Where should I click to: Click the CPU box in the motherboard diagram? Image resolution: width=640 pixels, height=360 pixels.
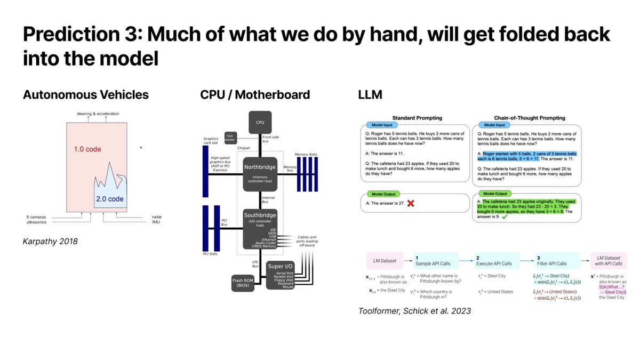pos(260,122)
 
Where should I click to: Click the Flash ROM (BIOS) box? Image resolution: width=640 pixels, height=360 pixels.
pos(244,282)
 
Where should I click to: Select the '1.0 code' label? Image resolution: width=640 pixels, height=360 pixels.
pos(87,149)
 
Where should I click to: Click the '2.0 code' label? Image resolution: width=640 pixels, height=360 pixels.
pos(110,199)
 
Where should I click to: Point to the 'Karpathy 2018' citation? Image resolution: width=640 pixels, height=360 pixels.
pos(50,241)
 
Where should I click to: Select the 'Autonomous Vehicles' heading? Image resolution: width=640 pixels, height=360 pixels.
pos(85,95)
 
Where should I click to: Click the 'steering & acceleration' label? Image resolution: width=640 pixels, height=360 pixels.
pos(98,114)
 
